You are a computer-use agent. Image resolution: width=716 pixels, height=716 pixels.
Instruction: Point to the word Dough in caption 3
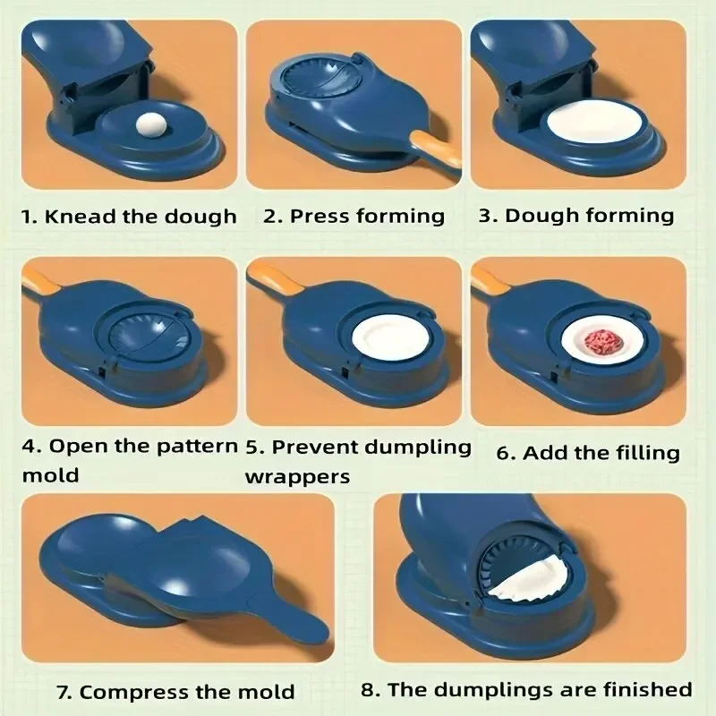tap(541, 216)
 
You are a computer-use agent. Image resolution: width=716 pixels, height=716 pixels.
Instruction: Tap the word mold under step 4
tap(50, 475)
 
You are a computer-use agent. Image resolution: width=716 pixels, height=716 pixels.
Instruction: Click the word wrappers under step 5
tap(297, 476)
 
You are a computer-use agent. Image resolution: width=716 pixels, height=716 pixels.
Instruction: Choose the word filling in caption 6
tap(643, 453)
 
